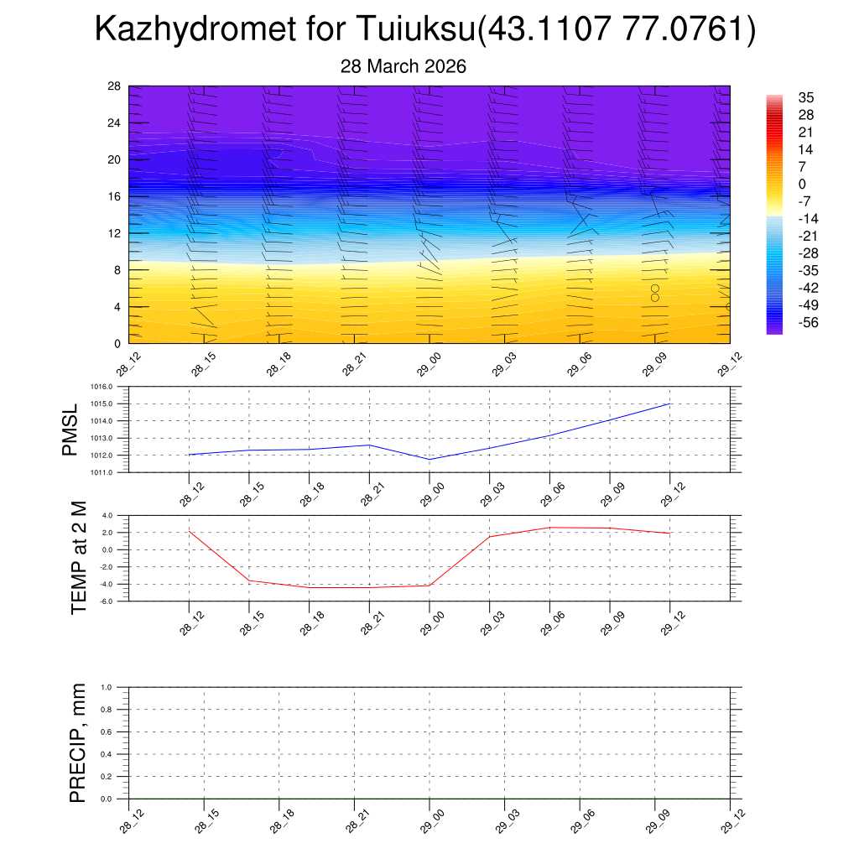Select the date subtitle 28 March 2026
tap(403, 66)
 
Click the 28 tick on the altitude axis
tap(114, 86)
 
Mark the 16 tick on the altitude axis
tap(114, 196)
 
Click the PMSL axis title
tap(70, 429)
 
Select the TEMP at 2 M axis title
tap(79, 558)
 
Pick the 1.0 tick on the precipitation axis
tap(117, 687)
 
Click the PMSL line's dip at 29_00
tap(429, 459)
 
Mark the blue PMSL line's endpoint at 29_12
tap(669, 404)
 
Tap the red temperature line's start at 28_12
tap(190, 531)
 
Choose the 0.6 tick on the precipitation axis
tap(117, 731)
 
